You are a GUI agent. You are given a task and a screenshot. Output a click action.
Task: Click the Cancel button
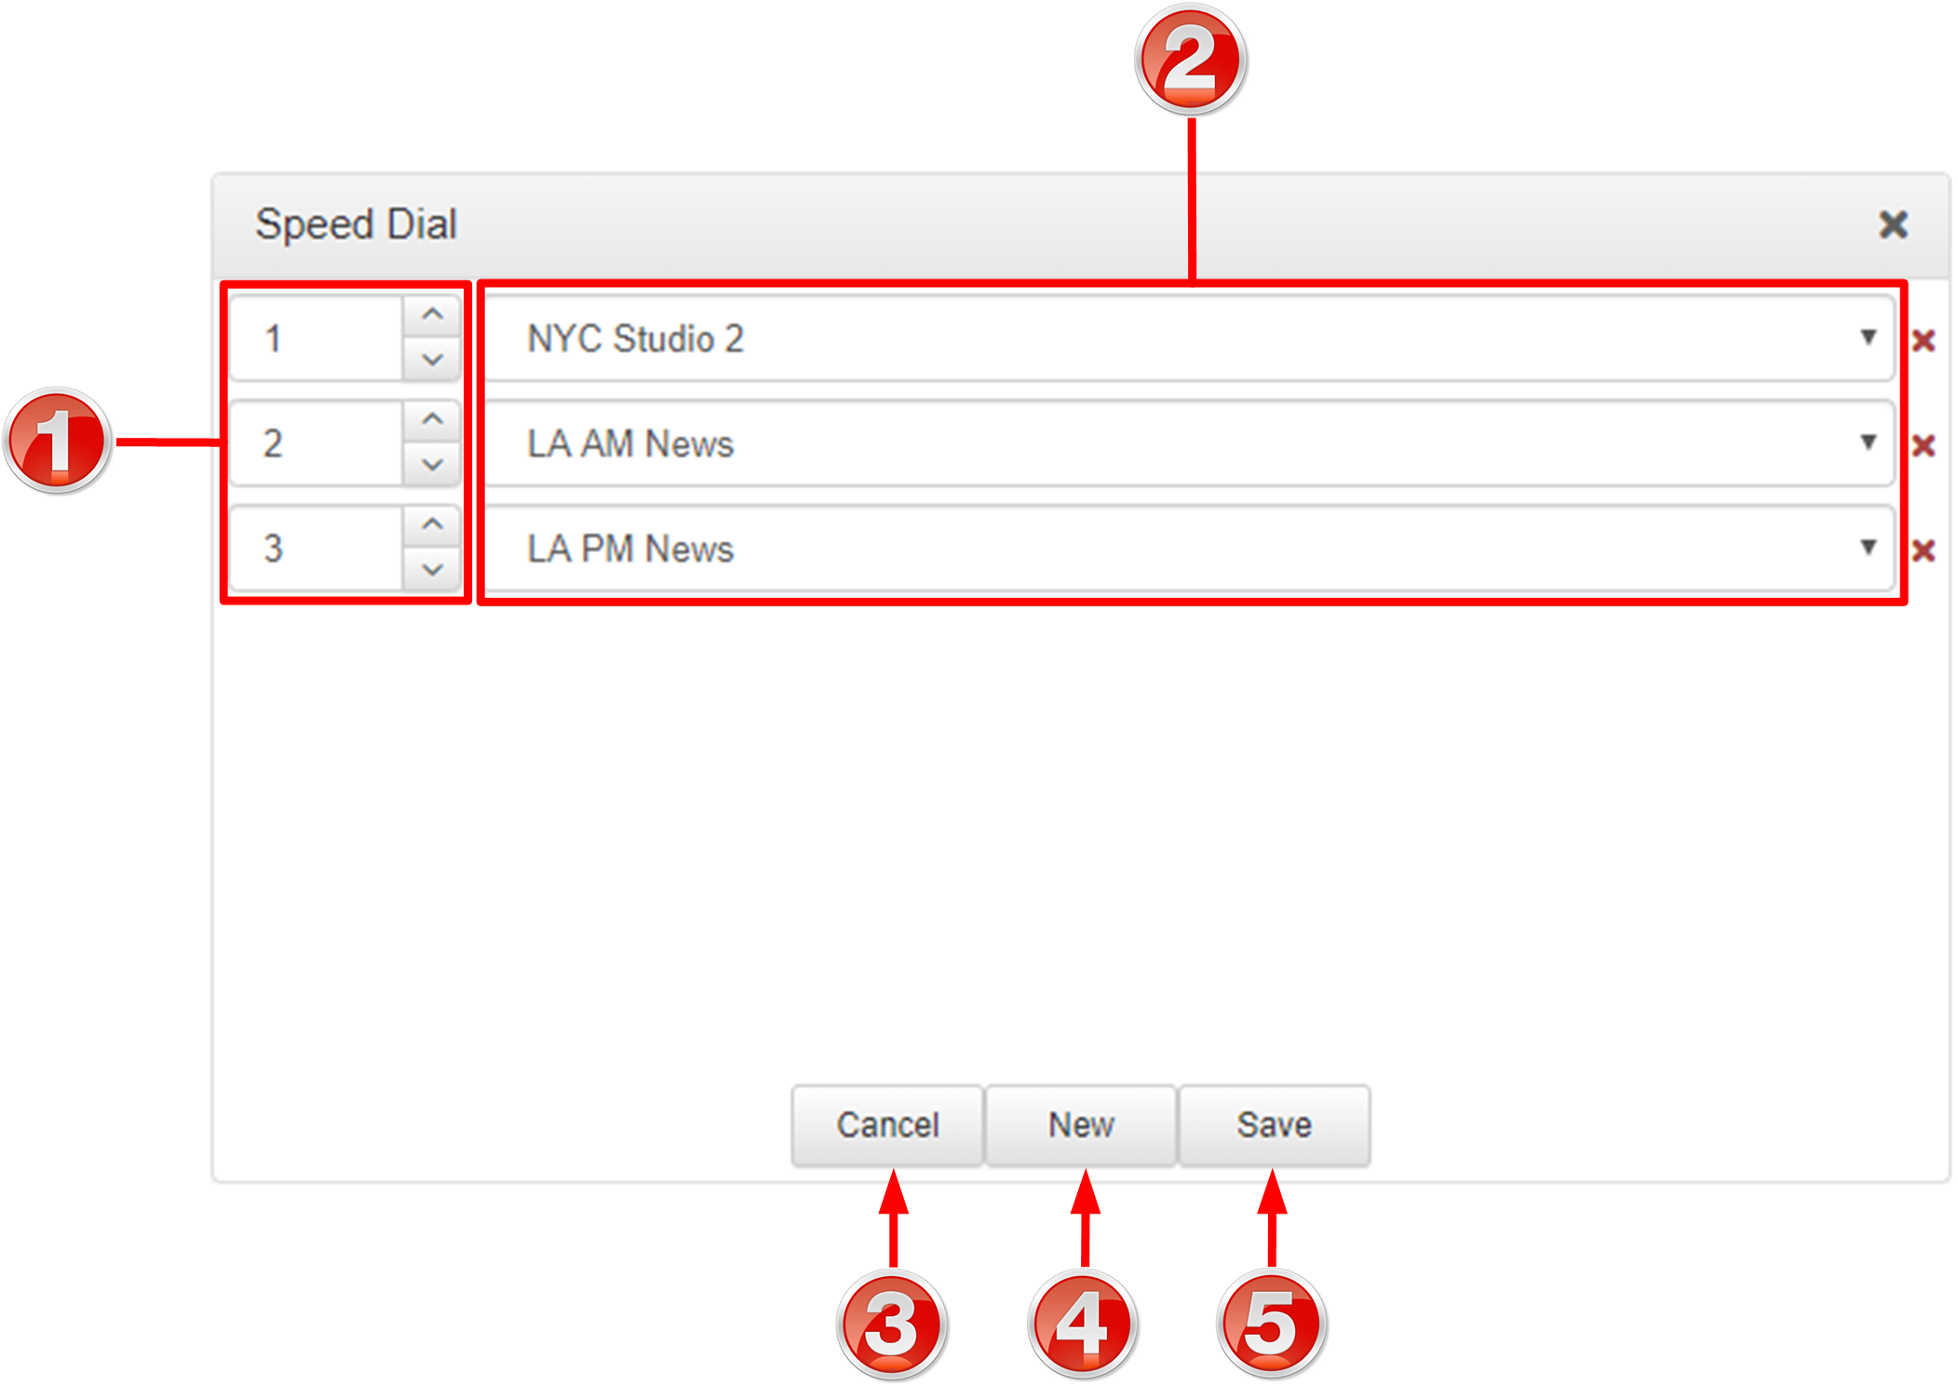coord(887,1124)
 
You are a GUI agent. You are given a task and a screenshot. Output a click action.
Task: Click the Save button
coord(1274,1124)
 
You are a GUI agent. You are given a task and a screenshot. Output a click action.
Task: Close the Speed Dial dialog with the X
coord(1893,224)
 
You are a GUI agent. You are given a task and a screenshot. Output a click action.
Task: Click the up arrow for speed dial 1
coord(432,315)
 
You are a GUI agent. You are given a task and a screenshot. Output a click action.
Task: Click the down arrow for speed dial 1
coord(432,360)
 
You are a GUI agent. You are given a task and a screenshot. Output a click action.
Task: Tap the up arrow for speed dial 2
coord(432,420)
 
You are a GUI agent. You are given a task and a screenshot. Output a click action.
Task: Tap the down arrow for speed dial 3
coord(432,569)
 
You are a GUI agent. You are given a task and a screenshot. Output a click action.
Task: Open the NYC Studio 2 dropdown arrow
coord(1868,337)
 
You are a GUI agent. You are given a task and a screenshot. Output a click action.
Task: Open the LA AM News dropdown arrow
coord(1868,442)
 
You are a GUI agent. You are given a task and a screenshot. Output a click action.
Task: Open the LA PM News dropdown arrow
coord(1868,547)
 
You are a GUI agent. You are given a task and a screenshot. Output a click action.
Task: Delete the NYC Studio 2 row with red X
coord(1924,341)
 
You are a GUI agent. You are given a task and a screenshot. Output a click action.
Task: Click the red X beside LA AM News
coord(1924,446)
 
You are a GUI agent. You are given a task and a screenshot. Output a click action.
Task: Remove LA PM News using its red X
coord(1924,551)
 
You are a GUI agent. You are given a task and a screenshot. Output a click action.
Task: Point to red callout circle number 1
coord(58,441)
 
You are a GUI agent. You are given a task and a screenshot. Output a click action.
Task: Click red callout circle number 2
coord(1191,60)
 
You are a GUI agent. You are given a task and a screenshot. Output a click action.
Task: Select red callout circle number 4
coord(1082,1325)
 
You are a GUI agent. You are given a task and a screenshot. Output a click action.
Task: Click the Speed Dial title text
coord(357,224)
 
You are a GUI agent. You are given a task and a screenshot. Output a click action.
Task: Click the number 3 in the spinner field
coord(273,548)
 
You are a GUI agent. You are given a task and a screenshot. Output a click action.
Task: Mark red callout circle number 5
coord(1272,1325)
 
